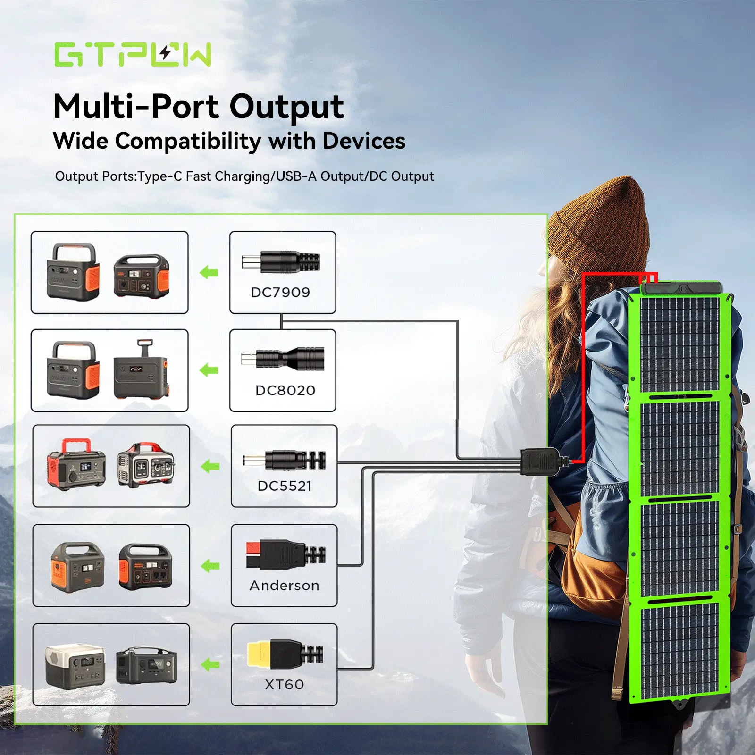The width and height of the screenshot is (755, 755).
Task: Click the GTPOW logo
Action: (133, 55)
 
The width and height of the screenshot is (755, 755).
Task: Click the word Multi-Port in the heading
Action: (136, 107)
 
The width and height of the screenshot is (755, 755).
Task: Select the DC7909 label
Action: (280, 293)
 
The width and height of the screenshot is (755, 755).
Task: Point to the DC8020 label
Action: (285, 391)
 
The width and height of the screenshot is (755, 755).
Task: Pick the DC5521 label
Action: (285, 486)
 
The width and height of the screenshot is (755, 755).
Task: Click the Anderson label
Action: (284, 586)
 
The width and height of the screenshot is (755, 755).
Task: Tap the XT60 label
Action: (284, 685)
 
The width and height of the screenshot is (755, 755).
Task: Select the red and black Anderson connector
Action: (285, 554)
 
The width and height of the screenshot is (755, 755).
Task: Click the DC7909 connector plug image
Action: (281, 262)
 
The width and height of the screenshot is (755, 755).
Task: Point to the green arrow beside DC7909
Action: (209, 272)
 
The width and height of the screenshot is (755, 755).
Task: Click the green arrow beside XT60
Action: (210, 665)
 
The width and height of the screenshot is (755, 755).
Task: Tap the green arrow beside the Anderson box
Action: (210, 566)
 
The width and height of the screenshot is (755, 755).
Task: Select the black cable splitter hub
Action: (540, 462)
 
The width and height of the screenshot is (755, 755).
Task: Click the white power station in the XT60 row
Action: (75, 666)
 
